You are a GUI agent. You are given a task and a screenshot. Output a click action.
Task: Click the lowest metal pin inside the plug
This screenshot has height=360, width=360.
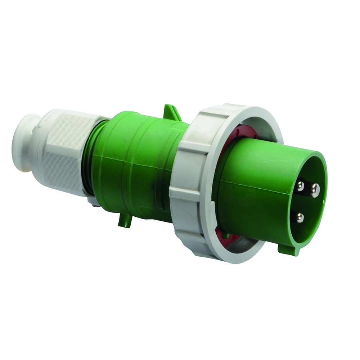(x=300, y=217)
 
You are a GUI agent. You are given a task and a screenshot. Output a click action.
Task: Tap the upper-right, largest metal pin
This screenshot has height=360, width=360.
(x=315, y=188)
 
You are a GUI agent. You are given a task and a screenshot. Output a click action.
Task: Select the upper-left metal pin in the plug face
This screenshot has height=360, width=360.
(x=301, y=186)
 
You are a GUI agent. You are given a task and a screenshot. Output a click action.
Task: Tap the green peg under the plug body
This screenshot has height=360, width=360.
(x=123, y=221)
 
